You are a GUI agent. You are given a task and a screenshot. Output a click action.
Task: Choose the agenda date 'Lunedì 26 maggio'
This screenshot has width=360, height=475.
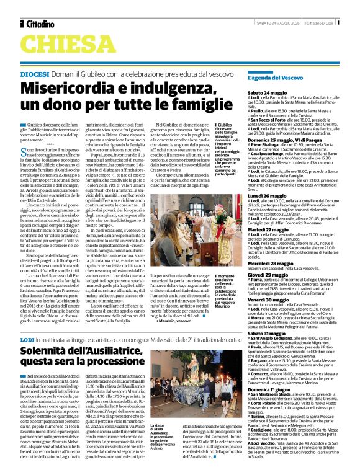(283, 196)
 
